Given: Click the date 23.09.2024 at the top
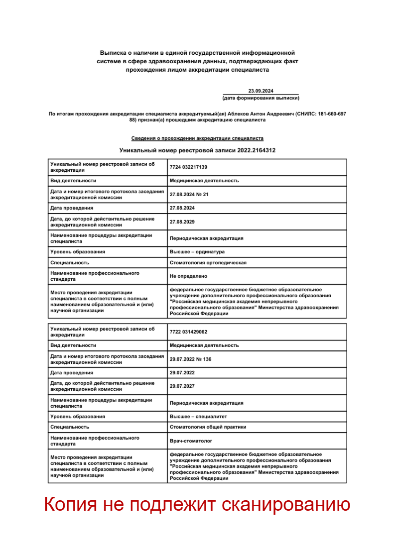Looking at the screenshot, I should click(x=261, y=91).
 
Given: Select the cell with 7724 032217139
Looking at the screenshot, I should click(x=188, y=167).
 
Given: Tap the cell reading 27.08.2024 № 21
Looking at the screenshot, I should click(x=189, y=195).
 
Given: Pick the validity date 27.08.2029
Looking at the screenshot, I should click(x=182, y=222).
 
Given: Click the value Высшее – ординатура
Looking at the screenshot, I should click(x=197, y=252).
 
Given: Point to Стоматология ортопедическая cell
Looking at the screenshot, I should click(x=208, y=263).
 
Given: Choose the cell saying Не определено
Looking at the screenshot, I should click(x=188, y=276).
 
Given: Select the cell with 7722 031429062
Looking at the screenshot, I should click(x=188, y=332).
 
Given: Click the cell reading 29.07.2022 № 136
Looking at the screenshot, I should click(x=190, y=359).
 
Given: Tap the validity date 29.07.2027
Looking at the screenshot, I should click(x=182, y=386).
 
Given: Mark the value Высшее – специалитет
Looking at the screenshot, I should click(x=198, y=417).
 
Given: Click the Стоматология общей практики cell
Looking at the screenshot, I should click(x=208, y=427).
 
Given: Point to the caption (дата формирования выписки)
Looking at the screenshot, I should click(x=261, y=99).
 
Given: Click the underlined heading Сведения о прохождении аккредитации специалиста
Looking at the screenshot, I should click(x=197, y=138).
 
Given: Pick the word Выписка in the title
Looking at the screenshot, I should click(x=113, y=52).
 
